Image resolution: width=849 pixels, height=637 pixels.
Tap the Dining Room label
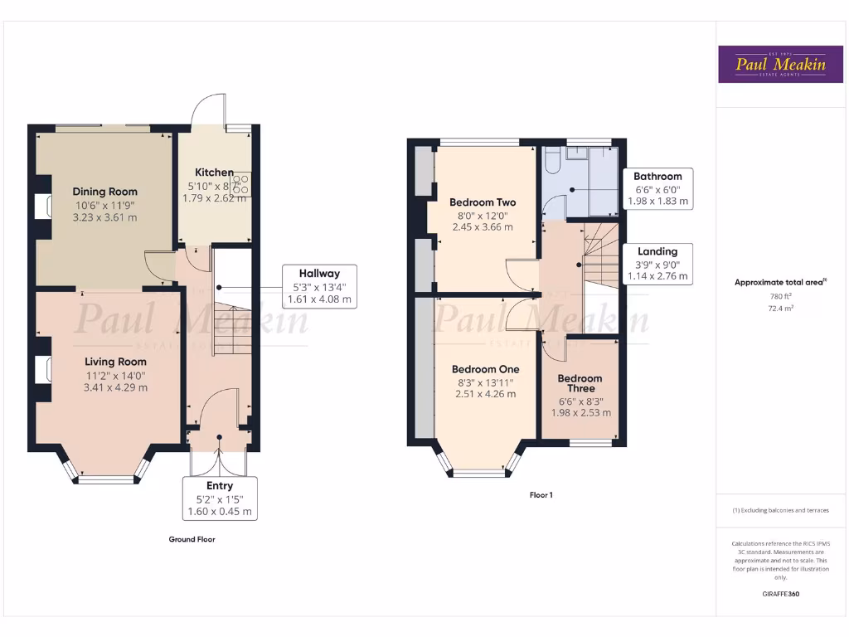click(x=104, y=192)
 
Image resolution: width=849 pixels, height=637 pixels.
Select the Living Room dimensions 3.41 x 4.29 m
click(x=115, y=387)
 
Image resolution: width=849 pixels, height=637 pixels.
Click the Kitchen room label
click(x=214, y=173)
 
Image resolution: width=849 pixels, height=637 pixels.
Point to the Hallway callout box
click(x=319, y=286)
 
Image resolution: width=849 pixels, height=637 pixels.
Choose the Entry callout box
click(x=220, y=498)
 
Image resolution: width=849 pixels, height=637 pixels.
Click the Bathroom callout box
click(x=657, y=189)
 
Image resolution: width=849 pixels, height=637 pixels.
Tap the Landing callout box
click(x=657, y=264)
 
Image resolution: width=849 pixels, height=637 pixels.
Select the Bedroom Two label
click(x=483, y=202)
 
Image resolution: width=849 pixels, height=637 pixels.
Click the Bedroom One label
click(x=485, y=369)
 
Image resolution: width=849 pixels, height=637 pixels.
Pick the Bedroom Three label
click(x=580, y=383)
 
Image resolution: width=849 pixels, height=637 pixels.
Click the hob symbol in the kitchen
click(x=241, y=183)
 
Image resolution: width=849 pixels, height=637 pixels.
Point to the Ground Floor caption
click(x=192, y=539)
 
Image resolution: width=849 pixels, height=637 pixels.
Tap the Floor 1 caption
click(x=541, y=495)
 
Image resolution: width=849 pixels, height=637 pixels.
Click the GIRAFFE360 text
click(x=780, y=594)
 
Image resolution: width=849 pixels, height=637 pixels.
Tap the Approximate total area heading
click(x=779, y=282)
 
